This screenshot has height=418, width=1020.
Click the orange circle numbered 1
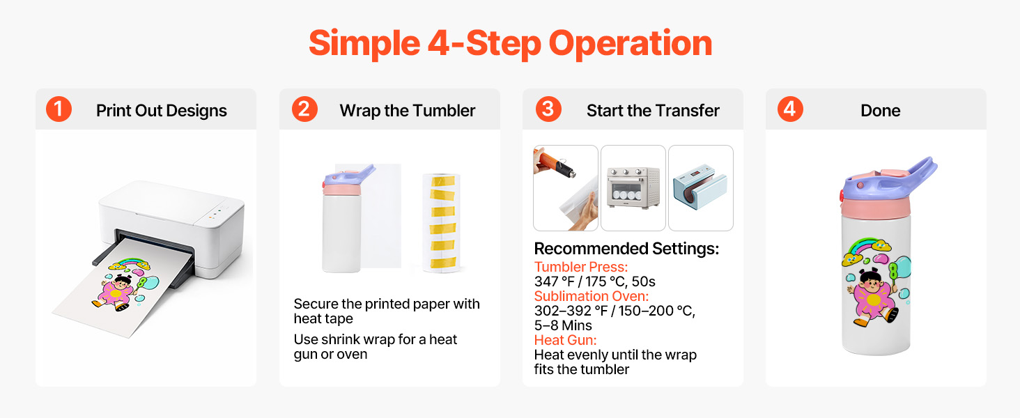coord(59,109)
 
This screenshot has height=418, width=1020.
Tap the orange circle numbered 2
coord(304,109)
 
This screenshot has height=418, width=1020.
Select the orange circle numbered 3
coord(548,109)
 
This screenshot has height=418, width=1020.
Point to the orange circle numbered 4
coord(790,109)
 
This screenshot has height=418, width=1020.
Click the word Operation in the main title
coord(631,44)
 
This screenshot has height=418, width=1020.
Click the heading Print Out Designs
coord(161,111)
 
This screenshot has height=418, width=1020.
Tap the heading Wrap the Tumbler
coord(407,111)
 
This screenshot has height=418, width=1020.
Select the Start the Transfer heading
coord(653,111)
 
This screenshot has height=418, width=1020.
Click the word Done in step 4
coord(880,111)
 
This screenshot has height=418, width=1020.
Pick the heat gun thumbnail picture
coord(566,188)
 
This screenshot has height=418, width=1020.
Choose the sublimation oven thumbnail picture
coord(633,188)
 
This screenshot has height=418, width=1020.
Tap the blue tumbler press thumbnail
coord(701,188)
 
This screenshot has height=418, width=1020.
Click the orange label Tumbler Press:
coord(580,267)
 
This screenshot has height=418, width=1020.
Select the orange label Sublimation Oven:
coord(591,296)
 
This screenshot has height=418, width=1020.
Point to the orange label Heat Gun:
coord(565,340)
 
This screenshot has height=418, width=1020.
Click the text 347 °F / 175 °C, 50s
coord(595,281)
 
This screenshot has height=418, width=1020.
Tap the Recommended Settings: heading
coord(626,249)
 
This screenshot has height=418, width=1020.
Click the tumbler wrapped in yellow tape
coord(441,223)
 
